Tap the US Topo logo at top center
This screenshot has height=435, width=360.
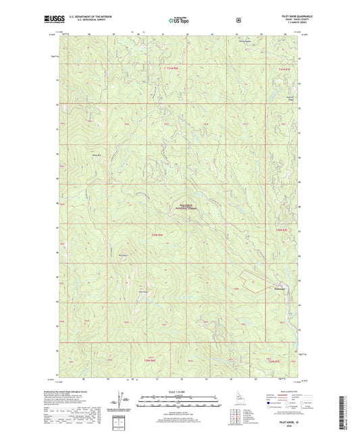click(178, 20)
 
